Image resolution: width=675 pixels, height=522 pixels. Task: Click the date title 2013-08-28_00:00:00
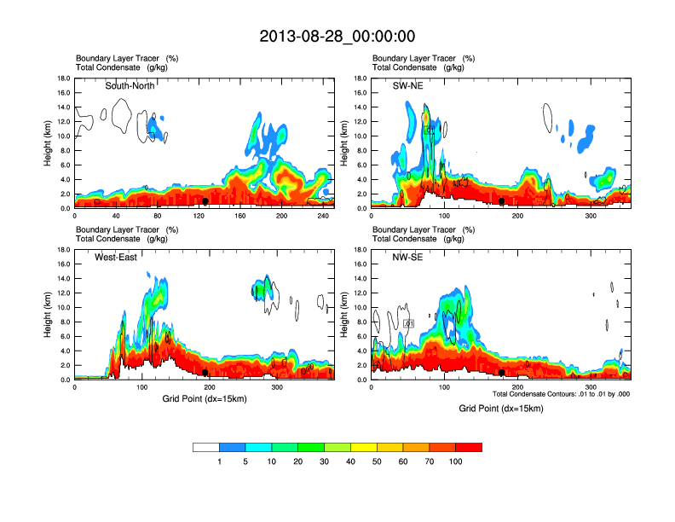tap(337, 36)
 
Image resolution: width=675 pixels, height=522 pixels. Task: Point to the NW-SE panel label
tap(409, 257)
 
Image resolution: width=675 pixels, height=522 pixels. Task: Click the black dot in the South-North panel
tap(205, 201)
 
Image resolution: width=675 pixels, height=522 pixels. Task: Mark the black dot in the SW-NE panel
tap(502, 201)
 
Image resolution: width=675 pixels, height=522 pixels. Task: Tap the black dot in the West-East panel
tap(205, 373)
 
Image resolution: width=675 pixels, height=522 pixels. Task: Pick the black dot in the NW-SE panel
tap(502, 373)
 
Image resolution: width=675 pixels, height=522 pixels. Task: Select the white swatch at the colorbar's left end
tap(206, 447)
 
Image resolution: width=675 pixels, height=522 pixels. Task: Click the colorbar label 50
tap(378, 461)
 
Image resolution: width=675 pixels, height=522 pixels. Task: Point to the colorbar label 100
tap(456, 461)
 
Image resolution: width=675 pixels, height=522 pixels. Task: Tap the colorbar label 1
tap(220, 461)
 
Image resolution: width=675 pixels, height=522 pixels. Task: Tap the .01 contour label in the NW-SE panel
tap(408, 324)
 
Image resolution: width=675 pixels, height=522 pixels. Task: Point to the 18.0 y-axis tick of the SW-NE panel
tap(361, 78)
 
